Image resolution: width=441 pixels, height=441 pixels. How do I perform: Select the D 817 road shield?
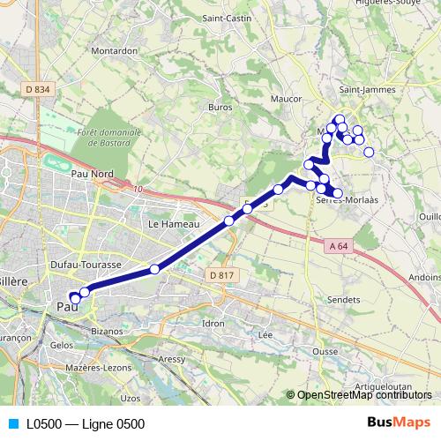click(222, 276)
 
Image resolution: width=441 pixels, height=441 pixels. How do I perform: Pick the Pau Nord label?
click(93, 174)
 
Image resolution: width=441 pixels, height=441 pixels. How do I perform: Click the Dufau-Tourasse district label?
click(86, 264)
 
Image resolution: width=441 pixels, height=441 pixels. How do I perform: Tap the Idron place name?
click(213, 324)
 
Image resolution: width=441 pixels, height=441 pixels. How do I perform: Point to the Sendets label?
click(344, 300)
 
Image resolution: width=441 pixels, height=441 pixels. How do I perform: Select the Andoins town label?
click(425, 276)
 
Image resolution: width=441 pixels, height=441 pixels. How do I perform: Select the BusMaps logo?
click(400, 423)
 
